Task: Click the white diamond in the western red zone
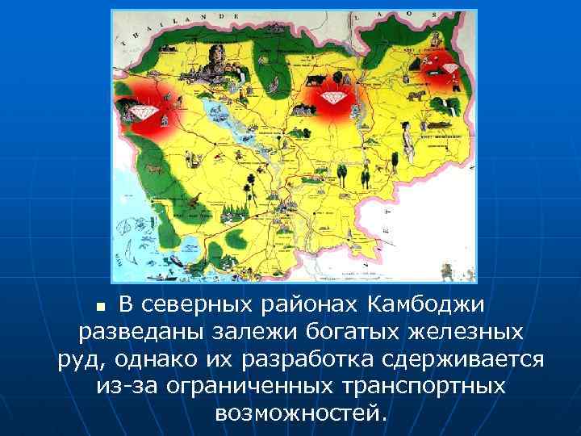[x=148, y=110]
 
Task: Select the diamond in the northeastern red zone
[x=449, y=67]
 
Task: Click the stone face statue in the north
[x=215, y=57]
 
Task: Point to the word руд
[x=78, y=358]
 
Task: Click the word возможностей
[x=301, y=412]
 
